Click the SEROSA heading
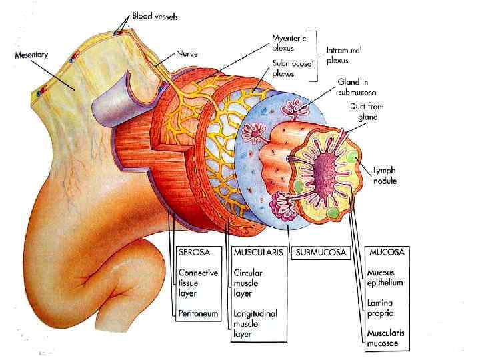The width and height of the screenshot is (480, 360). tap(198, 253)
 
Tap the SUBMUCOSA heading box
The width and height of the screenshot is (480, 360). tap(319, 253)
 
